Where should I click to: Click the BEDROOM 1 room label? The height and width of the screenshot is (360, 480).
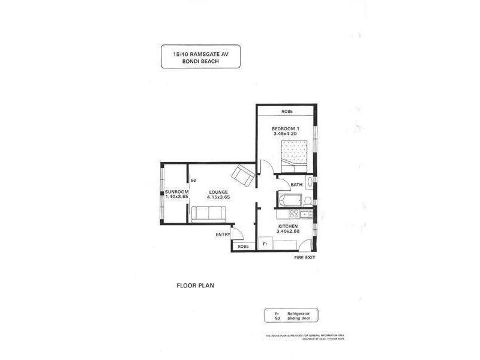[x=285, y=129]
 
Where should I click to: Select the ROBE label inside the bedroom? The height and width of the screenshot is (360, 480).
[x=287, y=112]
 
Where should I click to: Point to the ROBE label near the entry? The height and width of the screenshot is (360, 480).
[x=243, y=247]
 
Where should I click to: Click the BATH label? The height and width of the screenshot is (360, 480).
[x=296, y=185]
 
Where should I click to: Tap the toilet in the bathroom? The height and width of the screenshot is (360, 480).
[x=307, y=200]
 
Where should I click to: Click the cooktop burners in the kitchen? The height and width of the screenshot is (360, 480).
[x=294, y=213]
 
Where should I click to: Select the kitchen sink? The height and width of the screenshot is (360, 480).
[x=305, y=214]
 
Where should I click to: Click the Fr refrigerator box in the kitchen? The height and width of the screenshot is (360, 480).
[x=264, y=244]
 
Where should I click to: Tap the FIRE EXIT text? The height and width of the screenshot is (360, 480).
[x=304, y=257]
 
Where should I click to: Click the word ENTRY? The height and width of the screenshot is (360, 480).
[x=223, y=235]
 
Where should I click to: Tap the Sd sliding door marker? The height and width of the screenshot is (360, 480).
[x=193, y=180]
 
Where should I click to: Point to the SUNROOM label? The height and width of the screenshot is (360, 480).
[x=177, y=191]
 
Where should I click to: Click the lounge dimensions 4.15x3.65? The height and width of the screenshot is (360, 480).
[x=218, y=197]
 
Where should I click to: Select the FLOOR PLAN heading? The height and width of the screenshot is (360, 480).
[x=194, y=286]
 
